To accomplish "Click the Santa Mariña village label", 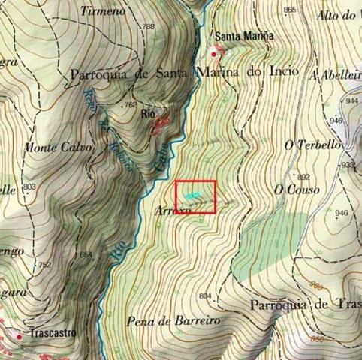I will (x=242, y=35).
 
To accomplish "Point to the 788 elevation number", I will (x=147, y=27).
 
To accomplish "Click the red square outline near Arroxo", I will (x=196, y=196).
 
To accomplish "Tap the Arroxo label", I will (x=174, y=212).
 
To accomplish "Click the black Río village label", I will (x=148, y=114).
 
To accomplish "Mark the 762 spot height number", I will (x=131, y=105).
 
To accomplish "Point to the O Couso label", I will (x=297, y=190).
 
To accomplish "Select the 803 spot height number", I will (x=29, y=187).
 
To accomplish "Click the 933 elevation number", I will (x=347, y=165).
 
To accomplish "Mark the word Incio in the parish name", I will (x=283, y=72).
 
